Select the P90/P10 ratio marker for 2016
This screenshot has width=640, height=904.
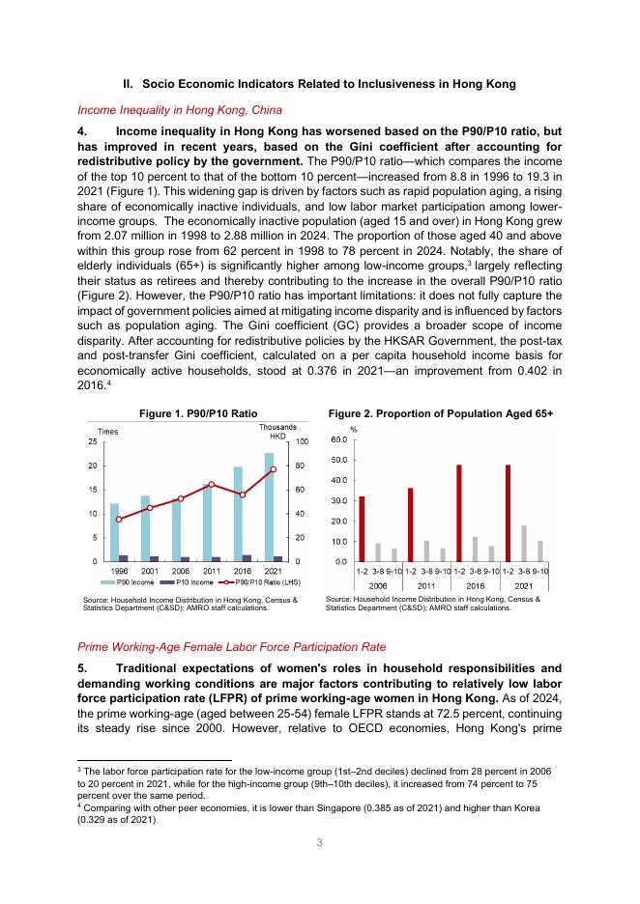(243, 494)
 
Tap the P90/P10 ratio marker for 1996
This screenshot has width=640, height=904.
(119, 520)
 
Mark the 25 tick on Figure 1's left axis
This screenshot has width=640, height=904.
(93, 441)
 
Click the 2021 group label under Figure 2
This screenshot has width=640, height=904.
(524, 584)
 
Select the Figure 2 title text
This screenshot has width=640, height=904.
(441, 413)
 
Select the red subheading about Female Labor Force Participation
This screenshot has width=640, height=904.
(226, 646)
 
